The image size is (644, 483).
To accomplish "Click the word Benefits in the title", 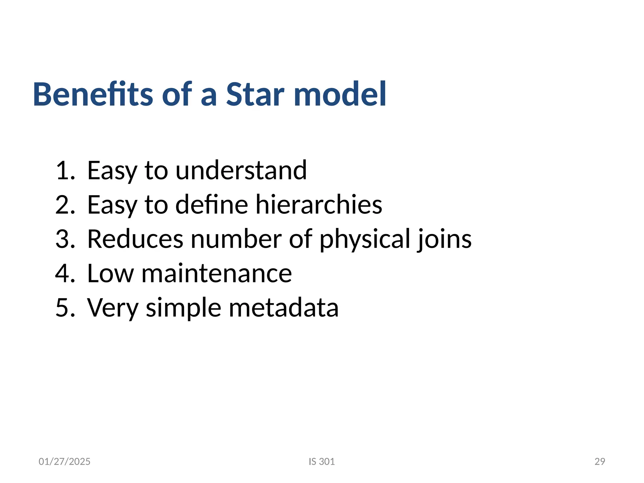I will coord(93,94).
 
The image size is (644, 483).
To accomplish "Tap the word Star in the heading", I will coord(255,94).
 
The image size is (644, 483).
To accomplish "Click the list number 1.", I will coord(65,171).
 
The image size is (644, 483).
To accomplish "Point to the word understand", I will coord(241,171).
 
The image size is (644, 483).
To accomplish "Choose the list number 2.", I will coord(65,205).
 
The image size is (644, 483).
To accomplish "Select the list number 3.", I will coord(65,239).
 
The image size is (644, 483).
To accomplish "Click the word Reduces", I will coord(135,239).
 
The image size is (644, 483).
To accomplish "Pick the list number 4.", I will coord(65,274).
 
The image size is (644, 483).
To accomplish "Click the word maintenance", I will coord(217,274).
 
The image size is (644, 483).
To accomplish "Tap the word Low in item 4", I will coord(110,274).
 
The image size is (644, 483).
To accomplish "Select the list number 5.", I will coord(65,308).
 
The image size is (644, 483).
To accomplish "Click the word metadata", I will coord(284,308).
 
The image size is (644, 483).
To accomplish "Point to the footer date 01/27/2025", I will coord(64,462).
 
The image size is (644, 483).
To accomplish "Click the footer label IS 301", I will coord(322,462).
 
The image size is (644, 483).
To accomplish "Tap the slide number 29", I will coord(600,462).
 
